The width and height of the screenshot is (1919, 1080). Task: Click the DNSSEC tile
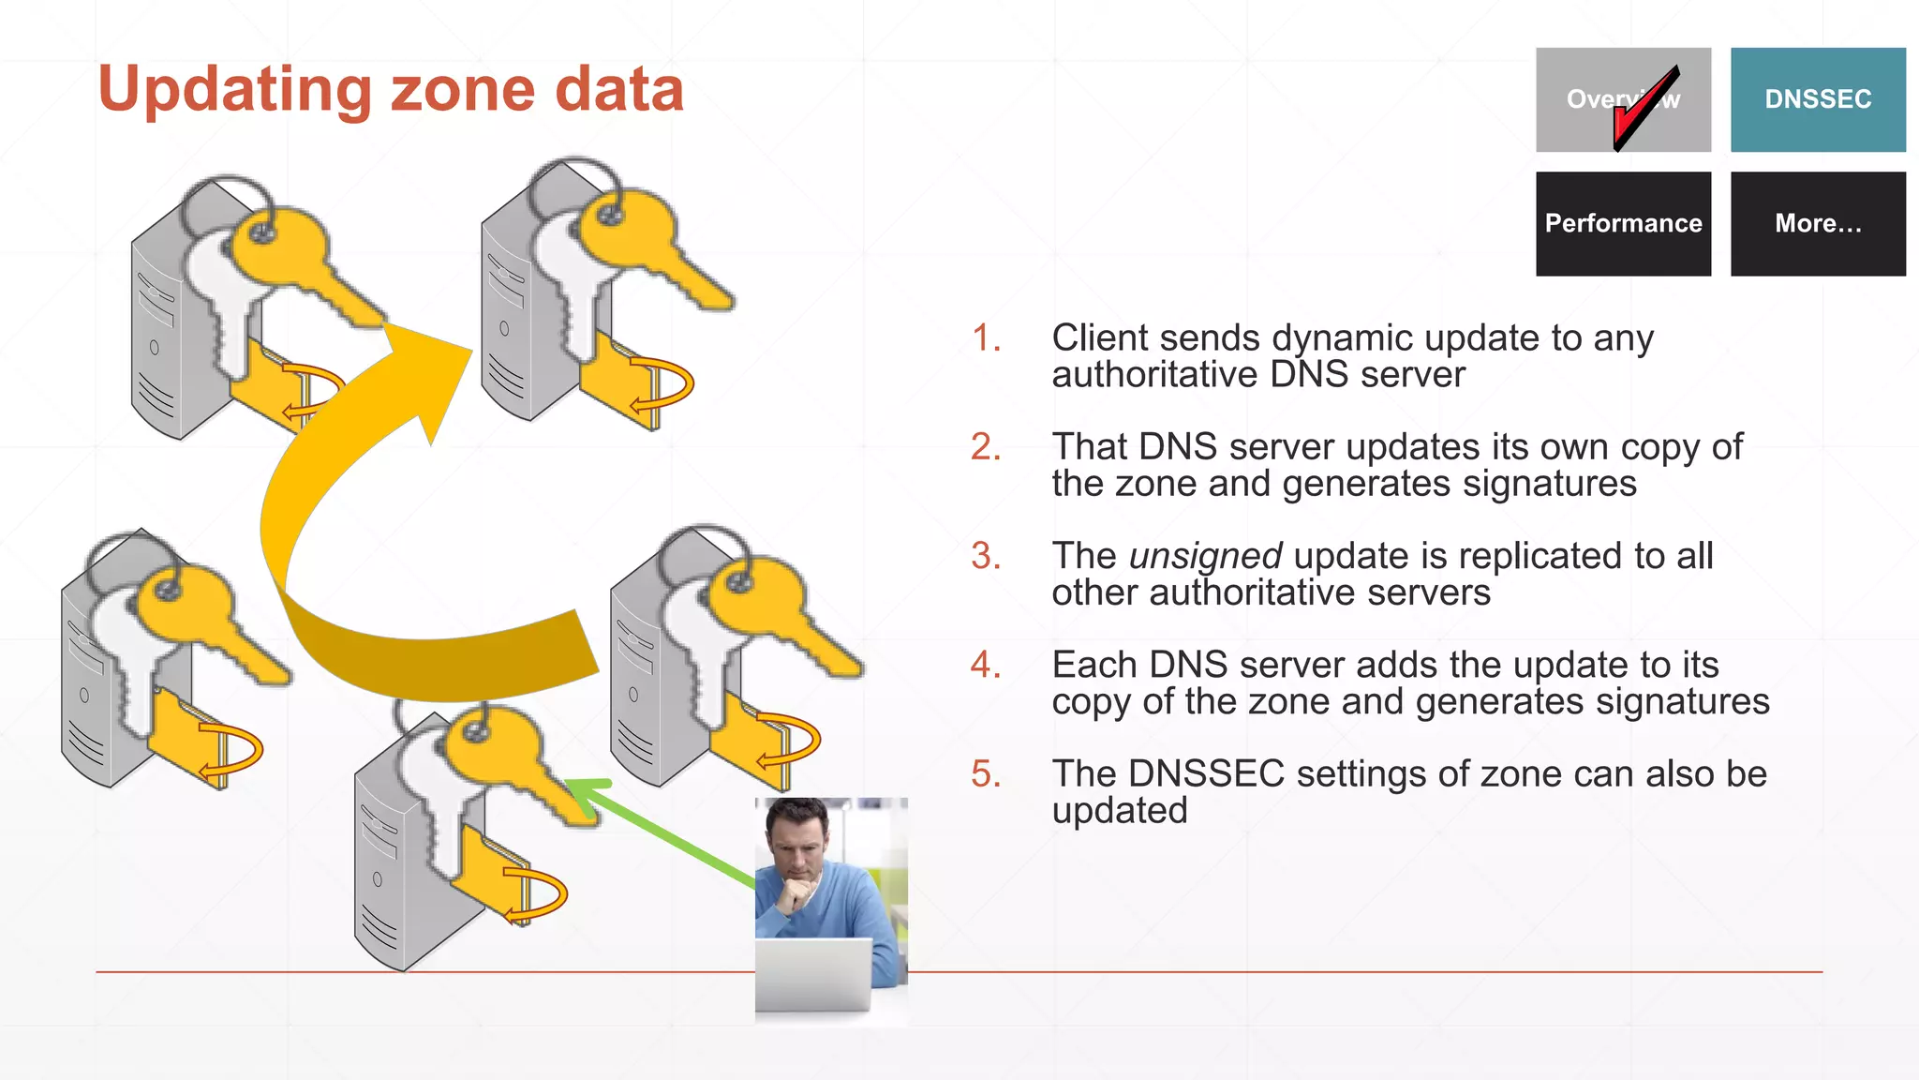click(1817, 99)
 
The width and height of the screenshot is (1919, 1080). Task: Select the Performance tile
click(1623, 223)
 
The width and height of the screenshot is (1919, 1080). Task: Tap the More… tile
click(1817, 223)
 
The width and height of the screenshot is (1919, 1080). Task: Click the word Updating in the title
click(234, 91)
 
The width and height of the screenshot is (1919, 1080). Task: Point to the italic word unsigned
click(1205, 556)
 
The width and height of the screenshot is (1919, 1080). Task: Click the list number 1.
click(986, 338)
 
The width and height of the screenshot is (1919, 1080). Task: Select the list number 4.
click(986, 665)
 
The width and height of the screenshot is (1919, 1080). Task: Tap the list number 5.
click(986, 774)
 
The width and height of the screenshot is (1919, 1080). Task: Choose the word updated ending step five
click(1120, 811)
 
